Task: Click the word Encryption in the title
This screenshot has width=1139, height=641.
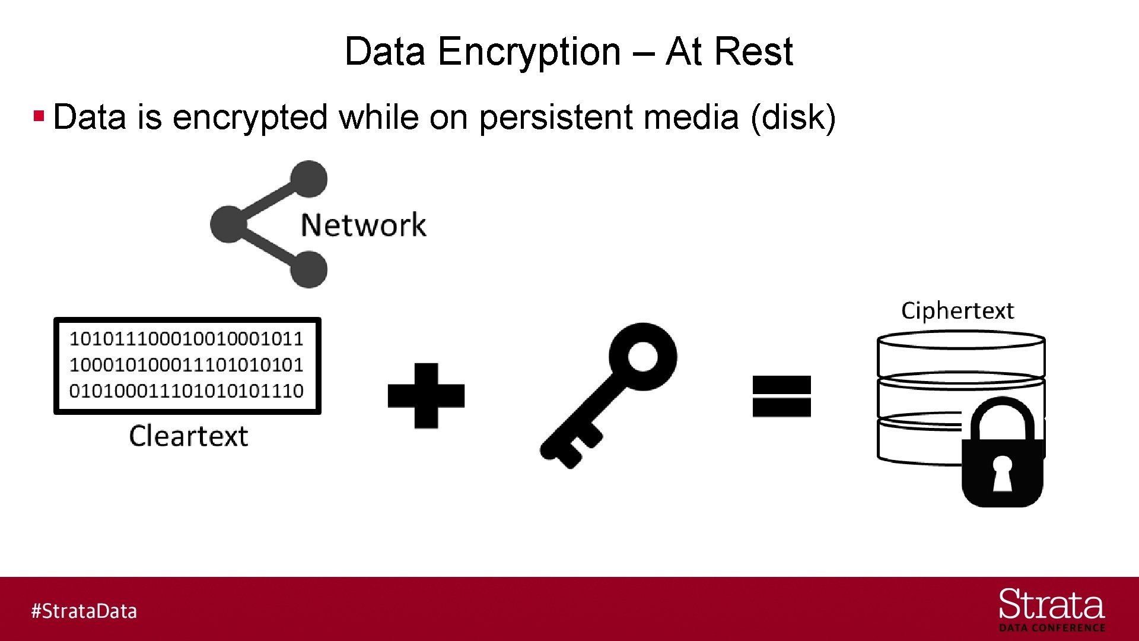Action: click(529, 52)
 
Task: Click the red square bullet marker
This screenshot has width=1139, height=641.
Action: click(39, 115)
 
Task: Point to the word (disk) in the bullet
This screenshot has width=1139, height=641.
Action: click(793, 117)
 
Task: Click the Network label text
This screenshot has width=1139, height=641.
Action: click(363, 226)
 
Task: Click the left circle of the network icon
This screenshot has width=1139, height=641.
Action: click(228, 224)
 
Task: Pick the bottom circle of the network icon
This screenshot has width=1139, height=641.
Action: click(308, 269)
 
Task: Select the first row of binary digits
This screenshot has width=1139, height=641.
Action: click(186, 339)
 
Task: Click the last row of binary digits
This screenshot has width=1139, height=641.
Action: click(186, 391)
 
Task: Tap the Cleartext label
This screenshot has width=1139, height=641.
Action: click(188, 436)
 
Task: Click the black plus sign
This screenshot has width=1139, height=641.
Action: click(426, 396)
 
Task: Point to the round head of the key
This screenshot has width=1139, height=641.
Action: click(643, 356)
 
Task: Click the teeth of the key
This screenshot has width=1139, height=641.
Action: click(572, 448)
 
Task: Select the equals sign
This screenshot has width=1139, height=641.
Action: click(781, 396)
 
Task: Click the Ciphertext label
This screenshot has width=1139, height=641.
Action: click(957, 311)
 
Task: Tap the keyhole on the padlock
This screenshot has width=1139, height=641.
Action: click(1003, 474)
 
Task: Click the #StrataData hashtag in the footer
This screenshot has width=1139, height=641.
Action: click(84, 611)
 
